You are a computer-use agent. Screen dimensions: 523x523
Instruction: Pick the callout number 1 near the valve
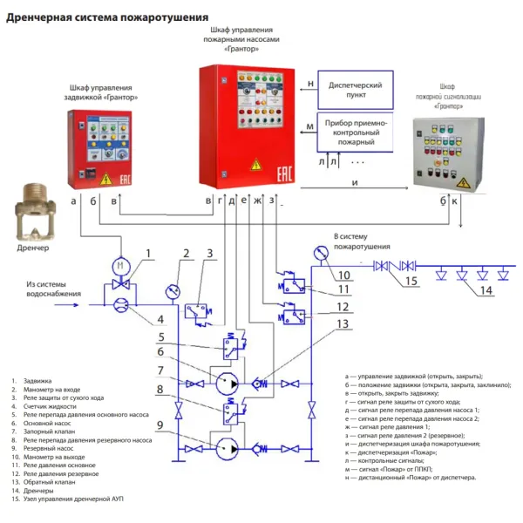click(x=148, y=254)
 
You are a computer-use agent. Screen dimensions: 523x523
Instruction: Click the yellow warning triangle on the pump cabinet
click(x=255, y=163)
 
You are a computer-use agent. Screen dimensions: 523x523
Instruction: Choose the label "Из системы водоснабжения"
click(x=55, y=289)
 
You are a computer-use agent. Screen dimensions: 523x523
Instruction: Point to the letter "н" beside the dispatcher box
click(x=310, y=85)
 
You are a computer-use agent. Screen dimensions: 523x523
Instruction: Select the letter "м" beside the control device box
click(x=310, y=128)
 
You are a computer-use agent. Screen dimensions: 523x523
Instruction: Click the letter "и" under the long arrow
click(x=355, y=181)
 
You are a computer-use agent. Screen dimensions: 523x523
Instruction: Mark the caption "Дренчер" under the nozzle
click(x=33, y=248)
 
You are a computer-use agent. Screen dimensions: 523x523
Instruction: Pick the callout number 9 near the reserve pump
click(x=160, y=425)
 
